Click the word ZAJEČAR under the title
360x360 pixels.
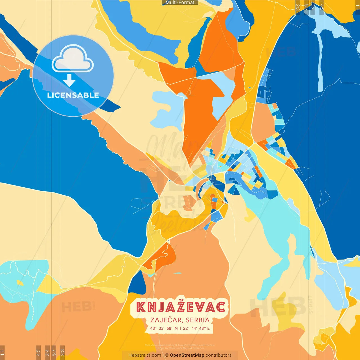click(x=166, y=320)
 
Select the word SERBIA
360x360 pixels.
click(x=198, y=320)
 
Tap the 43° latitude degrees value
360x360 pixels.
click(x=153, y=328)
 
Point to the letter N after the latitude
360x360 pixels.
click(x=176, y=328)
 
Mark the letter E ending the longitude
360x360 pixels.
click(x=208, y=328)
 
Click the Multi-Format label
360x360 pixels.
click(x=180, y=3)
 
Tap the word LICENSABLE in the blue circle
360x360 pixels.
click(x=73, y=95)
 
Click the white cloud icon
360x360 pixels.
click(x=73, y=58)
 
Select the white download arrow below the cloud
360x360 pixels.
click(x=69, y=80)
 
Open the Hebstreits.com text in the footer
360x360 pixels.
click(x=145, y=355)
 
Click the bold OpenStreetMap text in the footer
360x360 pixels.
click(x=187, y=355)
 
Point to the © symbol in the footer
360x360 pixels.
click(x=167, y=355)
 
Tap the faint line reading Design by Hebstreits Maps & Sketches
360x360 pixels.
click(x=180, y=348)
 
